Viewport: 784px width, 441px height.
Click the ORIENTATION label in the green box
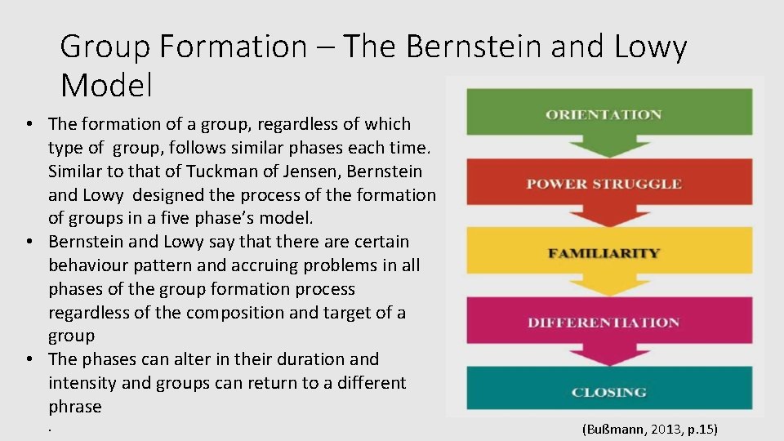tap(604, 114)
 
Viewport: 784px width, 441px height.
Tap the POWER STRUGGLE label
tap(604, 184)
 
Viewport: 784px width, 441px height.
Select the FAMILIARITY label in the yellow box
tap(604, 252)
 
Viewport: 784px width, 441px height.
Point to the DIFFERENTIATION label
tap(604, 322)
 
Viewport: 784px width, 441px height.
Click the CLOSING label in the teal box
tap(608, 391)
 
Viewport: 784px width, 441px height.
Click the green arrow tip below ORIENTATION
tap(608, 151)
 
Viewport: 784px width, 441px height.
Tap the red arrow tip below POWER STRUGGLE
tap(608, 220)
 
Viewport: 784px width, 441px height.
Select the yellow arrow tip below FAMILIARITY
tap(608, 290)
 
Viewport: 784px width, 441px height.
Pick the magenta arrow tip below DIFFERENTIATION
tap(608, 359)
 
